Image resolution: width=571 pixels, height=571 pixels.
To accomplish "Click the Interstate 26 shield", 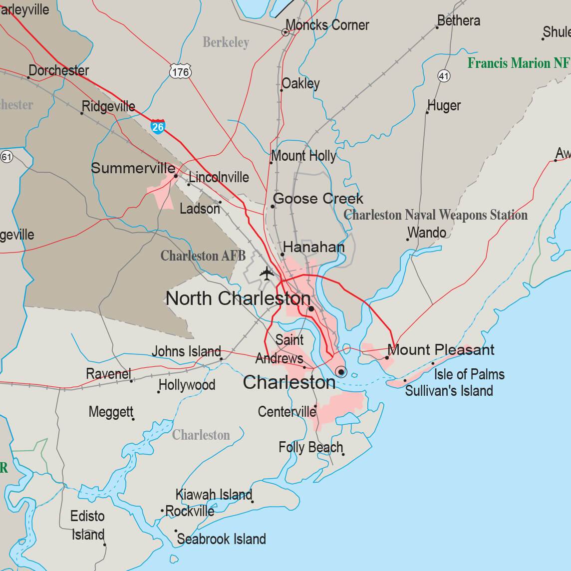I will [158, 126].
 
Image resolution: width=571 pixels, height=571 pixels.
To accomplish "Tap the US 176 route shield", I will [180, 72].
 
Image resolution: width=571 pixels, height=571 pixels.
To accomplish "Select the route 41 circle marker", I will [444, 76].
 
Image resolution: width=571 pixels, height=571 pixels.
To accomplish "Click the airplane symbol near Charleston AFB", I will [267, 274].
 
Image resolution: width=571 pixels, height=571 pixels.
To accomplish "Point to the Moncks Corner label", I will [327, 25].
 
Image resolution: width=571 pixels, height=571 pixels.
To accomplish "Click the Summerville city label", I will [133, 168].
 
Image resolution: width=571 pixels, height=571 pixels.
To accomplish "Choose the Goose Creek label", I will [318, 199].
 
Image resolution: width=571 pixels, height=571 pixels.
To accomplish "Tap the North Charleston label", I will [238, 298].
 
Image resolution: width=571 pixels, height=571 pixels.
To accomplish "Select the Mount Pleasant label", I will [441, 350].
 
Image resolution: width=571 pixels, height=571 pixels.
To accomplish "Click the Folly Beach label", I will [310, 447].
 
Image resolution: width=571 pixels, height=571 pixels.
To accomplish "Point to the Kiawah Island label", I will [214, 495].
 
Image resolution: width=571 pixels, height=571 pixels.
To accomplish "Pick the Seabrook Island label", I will [221, 539].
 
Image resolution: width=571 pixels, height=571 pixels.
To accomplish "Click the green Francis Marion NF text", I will [518, 63].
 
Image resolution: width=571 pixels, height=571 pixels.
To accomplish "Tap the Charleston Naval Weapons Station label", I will [436, 215].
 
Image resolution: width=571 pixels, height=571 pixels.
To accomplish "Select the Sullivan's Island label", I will [449, 390].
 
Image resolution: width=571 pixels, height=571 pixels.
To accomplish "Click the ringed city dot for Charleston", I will [341, 371].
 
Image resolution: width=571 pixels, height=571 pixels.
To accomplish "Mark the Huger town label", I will [444, 106].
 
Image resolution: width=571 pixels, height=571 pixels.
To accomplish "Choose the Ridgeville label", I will [108, 106].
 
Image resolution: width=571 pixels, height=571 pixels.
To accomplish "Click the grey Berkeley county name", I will [226, 43].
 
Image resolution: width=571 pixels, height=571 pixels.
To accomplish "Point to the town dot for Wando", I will [407, 240].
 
